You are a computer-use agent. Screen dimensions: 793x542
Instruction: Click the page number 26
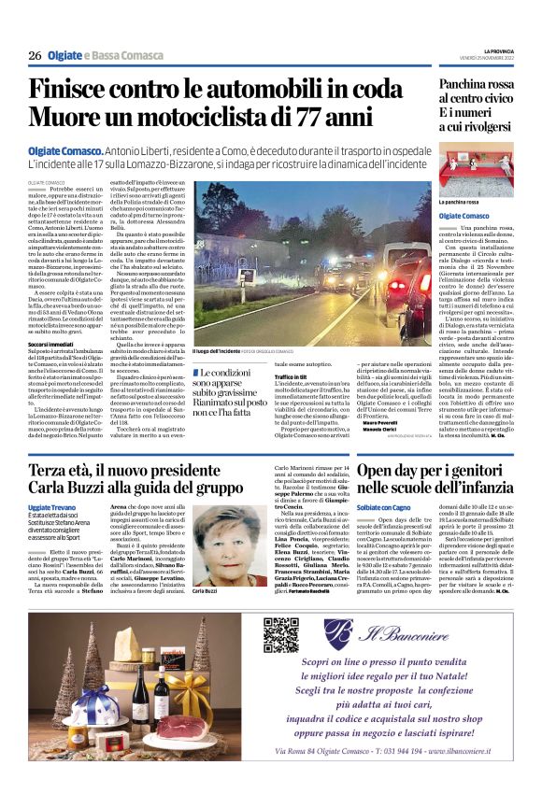[x=35, y=56]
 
